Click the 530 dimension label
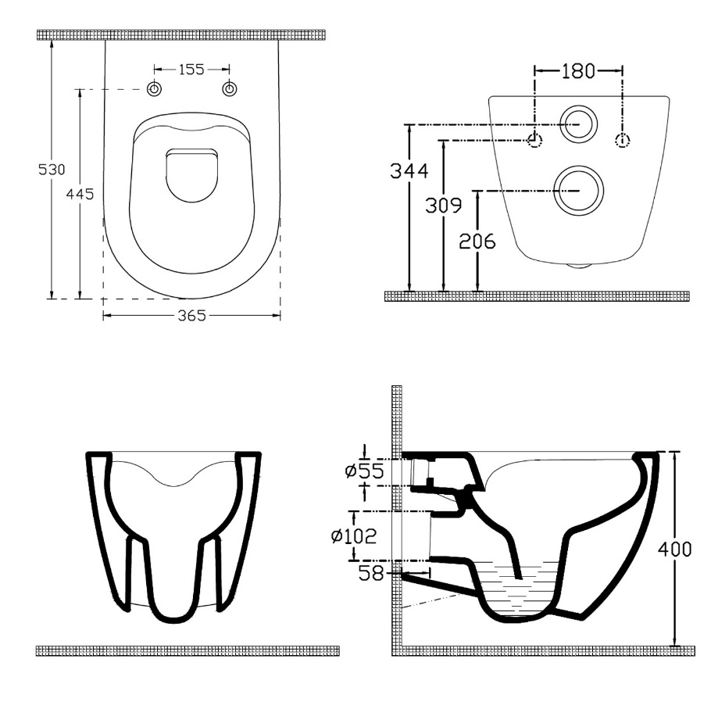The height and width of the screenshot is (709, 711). [x=52, y=169]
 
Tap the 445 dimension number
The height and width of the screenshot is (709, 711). [x=80, y=194]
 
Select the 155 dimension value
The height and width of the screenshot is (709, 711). [x=191, y=70]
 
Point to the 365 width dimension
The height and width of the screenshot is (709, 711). [x=191, y=315]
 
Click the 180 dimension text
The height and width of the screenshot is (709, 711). [x=578, y=71]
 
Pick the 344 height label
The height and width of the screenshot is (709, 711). [x=409, y=171]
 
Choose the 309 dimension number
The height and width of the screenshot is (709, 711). [x=444, y=205]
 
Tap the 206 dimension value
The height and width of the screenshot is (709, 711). [x=477, y=241]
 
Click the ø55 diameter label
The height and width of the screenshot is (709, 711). [x=365, y=471]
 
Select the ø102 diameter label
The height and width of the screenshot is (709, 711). [x=354, y=536]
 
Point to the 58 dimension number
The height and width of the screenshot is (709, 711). [x=371, y=573]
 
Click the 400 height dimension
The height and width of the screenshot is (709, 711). [x=675, y=550]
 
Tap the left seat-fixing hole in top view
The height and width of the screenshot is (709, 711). [x=155, y=89]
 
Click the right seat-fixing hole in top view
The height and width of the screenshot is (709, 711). [x=230, y=89]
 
